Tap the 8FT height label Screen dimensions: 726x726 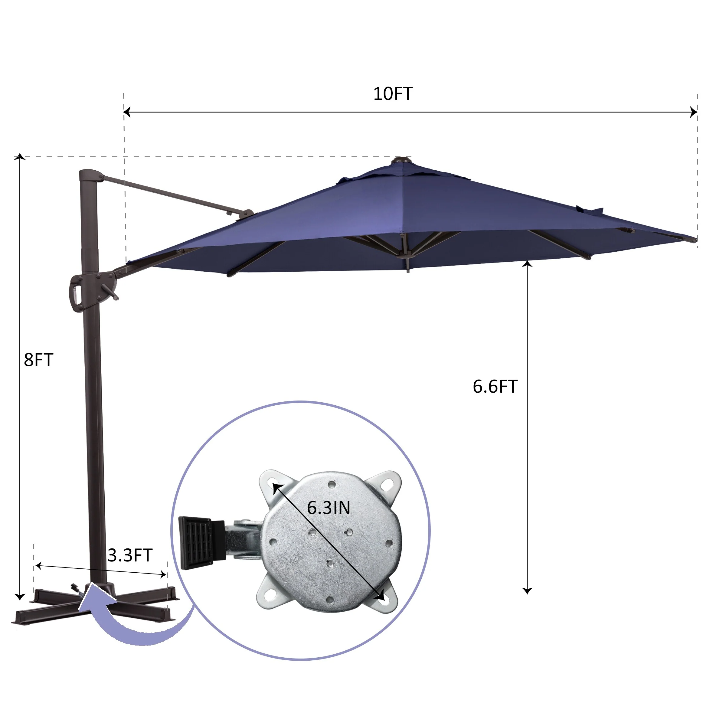click(38, 360)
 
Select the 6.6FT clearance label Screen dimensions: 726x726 click(495, 387)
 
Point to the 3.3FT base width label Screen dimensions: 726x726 click(130, 555)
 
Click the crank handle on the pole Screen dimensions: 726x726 click(110, 292)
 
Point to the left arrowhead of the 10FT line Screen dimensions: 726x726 click(127, 112)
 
